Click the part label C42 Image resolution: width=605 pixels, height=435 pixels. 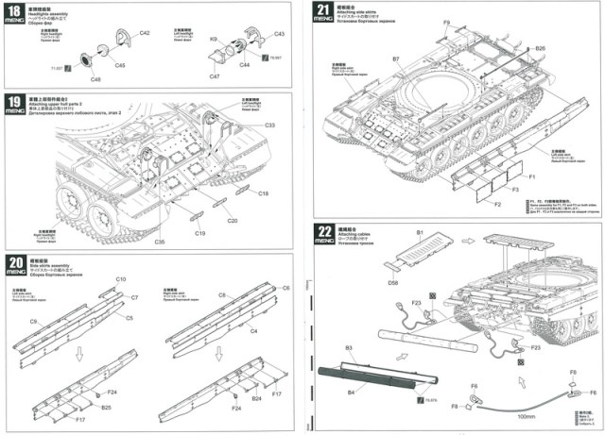(x=145, y=33)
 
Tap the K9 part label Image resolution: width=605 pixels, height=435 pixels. (x=214, y=39)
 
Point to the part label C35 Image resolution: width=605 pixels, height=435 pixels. (x=159, y=243)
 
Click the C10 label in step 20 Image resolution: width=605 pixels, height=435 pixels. (x=121, y=279)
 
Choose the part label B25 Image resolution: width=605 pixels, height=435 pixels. (x=106, y=408)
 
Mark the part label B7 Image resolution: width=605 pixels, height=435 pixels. (x=396, y=59)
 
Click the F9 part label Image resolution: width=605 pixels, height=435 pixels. (x=446, y=22)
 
